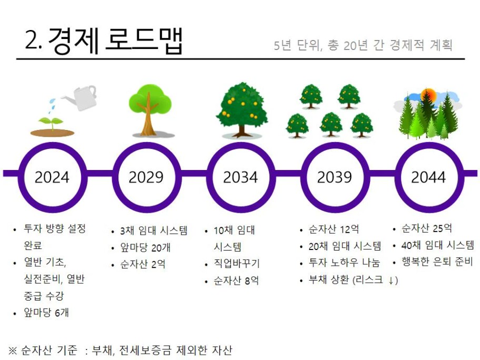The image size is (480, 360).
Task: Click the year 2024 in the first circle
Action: pyautogui.click(x=52, y=177)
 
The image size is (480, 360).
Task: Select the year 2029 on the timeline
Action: pyautogui.click(x=146, y=177)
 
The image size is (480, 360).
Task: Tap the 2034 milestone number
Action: pyautogui.click(x=241, y=177)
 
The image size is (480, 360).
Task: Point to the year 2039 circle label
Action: pyautogui.click(x=334, y=177)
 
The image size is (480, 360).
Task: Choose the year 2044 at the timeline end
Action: pyautogui.click(x=428, y=177)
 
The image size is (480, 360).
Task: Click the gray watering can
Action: pyautogui.click(x=81, y=97)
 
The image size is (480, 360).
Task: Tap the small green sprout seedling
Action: pyautogui.click(x=51, y=123)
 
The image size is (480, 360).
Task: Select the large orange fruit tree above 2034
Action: pyautogui.click(x=242, y=109)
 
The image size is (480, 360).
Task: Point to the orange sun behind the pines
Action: pyautogui.click(x=428, y=94)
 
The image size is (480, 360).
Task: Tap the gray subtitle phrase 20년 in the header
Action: pyautogui.click(x=355, y=45)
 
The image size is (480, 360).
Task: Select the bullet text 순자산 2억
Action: pyautogui.click(x=143, y=264)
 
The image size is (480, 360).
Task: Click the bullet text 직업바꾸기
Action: pyautogui.click(x=236, y=263)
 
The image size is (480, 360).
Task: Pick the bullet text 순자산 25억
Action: pyautogui.click(x=426, y=228)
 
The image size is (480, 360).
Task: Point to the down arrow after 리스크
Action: pyautogui.click(x=391, y=281)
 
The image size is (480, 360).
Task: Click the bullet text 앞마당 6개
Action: pyautogui.click(x=46, y=313)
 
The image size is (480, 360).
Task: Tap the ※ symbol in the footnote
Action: pyautogui.click(x=13, y=350)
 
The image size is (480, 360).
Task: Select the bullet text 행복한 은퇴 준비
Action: pyautogui.click(x=437, y=262)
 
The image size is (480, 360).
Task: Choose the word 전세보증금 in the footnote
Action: pyautogui.click(x=145, y=350)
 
